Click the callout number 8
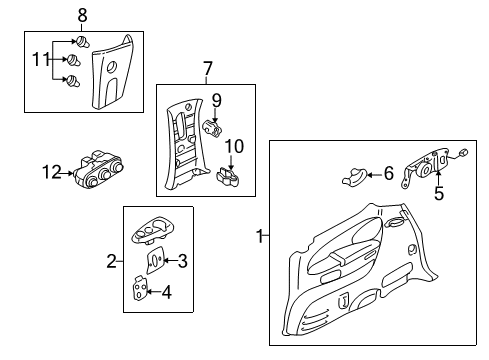click(82, 15)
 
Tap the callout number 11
click(41, 60)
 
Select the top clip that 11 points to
click(83, 42)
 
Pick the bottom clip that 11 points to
click(73, 81)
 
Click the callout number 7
click(208, 69)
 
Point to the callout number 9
click(217, 100)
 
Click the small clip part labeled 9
click(212, 129)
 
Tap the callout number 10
click(234, 146)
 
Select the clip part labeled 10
click(227, 177)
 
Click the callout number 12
click(52, 172)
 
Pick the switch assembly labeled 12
click(99, 169)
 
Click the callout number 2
click(112, 261)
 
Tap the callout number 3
click(182, 261)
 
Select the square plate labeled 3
click(155, 260)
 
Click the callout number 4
click(167, 292)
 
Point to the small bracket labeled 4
click(140, 288)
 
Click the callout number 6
click(389, 173)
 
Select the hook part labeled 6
click(354, 177)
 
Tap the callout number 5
click(439, 193)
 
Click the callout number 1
click(260, 236)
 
